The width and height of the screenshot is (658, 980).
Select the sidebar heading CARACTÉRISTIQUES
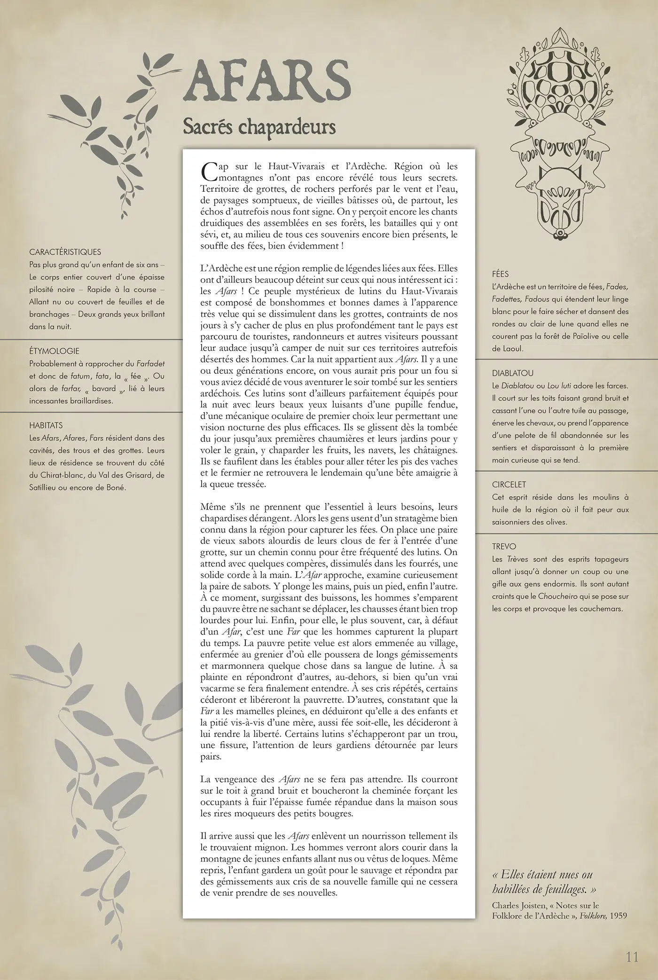tap(65, 252)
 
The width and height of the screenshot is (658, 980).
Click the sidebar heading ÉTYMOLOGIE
tap(54, 351)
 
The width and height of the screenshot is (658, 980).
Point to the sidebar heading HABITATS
tap(46, 425)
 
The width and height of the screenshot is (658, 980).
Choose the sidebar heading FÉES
tap(500, 274)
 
